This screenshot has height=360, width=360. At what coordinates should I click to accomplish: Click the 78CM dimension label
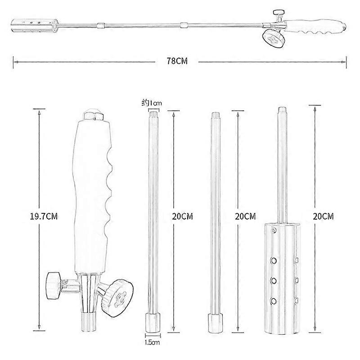[x=177, y=61]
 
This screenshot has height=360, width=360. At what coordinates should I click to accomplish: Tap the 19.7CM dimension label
[x=44, y=216]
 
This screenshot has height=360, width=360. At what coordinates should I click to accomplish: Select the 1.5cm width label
[x=152, y=342]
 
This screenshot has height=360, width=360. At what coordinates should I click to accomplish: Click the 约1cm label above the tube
[x=151, y=103]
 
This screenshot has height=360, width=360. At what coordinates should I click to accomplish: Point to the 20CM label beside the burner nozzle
[x=323, y=216]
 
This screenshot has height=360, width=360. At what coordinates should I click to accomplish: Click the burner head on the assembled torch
[x=35, y=25]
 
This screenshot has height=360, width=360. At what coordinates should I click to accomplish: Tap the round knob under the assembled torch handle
[x=273, y=38]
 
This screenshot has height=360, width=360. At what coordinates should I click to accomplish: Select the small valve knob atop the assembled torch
[x=279, y=12]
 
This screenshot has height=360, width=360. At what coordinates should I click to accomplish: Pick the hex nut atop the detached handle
[x=94, y=115]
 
